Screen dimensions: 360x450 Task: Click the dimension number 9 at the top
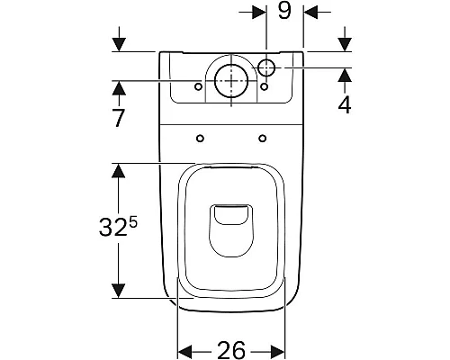click(x=285, y=12)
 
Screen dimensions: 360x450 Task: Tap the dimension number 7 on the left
click(x=119, y=119)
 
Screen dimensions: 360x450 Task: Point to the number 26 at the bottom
click(x=231, y=350)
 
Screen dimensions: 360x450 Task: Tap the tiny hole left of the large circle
click(x=198, y=87)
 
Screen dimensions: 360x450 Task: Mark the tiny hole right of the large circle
click(x=265, y=87)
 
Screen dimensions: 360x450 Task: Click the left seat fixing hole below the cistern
click(x=198, y=138)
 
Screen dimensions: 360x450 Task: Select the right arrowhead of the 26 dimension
click(x=281, y=350)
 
